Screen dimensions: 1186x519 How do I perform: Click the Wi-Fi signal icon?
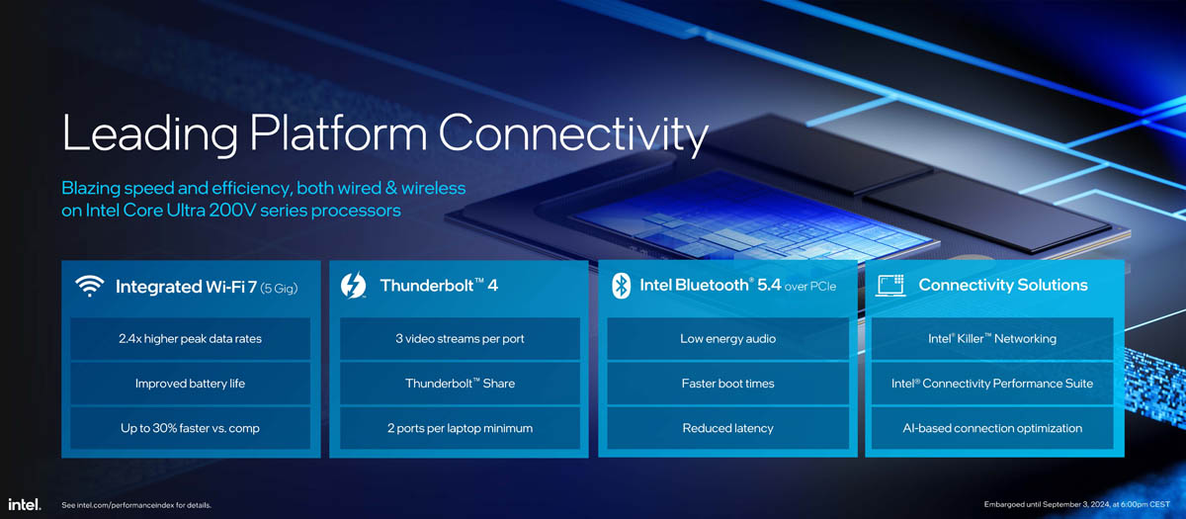pos(90,286)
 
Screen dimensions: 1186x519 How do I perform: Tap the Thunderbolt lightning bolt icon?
pos(353,286)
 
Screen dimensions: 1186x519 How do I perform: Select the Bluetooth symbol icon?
pos(621,286)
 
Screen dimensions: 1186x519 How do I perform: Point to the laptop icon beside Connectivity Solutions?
pos(890,286)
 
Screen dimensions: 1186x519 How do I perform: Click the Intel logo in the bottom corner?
pos(24,504)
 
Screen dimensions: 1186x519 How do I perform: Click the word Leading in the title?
pos(150,132)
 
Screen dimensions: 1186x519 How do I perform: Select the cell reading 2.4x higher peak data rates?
pos(190,339)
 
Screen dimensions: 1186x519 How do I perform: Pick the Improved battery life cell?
pos(190,384)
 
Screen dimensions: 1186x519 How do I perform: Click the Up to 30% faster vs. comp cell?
pos(190,428)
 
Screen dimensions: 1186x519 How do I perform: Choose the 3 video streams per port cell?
pos(460,339)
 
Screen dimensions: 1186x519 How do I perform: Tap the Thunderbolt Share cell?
pos(460,384)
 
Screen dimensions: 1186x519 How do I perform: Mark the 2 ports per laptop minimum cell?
pos(460,428)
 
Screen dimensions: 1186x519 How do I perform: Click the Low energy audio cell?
pos(728,339)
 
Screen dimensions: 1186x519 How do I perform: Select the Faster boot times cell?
pos(728,384)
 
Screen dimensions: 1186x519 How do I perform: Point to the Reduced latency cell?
pos(728,428)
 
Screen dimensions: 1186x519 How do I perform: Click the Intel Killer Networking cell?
pos(992,339)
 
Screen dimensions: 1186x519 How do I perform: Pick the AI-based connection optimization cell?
pos(992,428)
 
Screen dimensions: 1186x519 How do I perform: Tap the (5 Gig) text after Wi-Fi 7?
pos(279,288)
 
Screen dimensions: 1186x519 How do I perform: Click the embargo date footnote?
pos(1077,504)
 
